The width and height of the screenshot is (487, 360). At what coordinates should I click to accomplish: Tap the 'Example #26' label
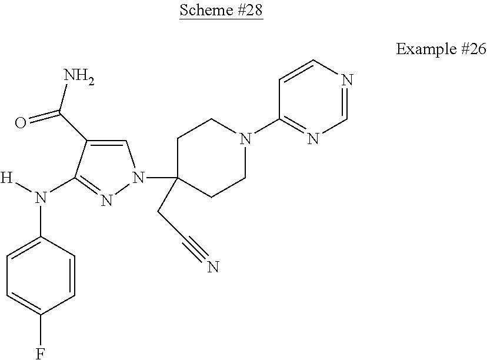tap(441, 49)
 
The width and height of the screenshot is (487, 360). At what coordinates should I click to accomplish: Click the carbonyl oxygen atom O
tap(20, 122)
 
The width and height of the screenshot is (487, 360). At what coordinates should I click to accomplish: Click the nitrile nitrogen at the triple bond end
tap(212, 268)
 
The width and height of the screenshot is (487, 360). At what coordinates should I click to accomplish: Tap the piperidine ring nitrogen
tap(245, 139)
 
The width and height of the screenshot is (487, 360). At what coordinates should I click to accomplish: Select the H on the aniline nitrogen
tap(6, 176)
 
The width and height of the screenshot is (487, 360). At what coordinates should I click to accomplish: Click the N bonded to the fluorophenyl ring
tap(41, 198)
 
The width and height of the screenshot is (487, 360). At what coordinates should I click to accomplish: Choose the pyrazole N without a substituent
tap(106, 201)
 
